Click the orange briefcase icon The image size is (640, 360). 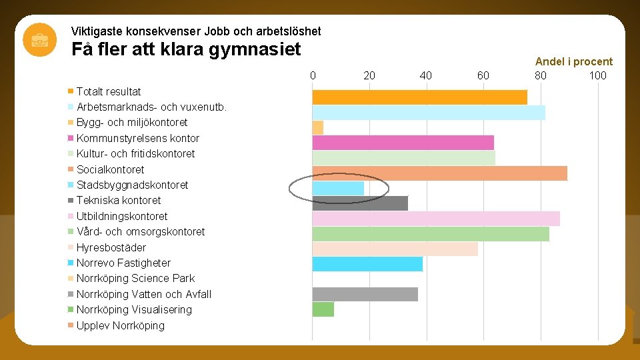[x=39, y=39]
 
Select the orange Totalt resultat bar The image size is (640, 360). [x=419, y=97]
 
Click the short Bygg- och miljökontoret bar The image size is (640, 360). [x=318, y=127]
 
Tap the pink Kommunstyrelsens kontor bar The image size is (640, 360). [x=403, y=143]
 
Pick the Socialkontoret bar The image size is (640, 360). [x=439, y=173]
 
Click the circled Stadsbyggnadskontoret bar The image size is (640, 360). [x=338, y=189]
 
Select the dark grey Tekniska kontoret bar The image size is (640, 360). [x=360, y=203]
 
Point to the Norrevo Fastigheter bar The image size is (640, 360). [x=367, y=264]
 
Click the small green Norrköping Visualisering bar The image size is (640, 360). [x=323, y=309]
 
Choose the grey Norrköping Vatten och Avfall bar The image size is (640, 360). [x=365, y=294]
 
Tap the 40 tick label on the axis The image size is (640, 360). [x=425, y=75]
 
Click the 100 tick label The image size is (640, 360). [x=597, y=75]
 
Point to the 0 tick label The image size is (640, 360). [x=313, y=75]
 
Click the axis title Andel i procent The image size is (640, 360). [x=573, y=61]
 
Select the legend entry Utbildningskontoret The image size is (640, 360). [x=122, y=216]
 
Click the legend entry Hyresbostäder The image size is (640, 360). [x=111, y=247]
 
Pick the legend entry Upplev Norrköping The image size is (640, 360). [x=121, y=325]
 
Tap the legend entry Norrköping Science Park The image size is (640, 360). [x=135, y=278]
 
